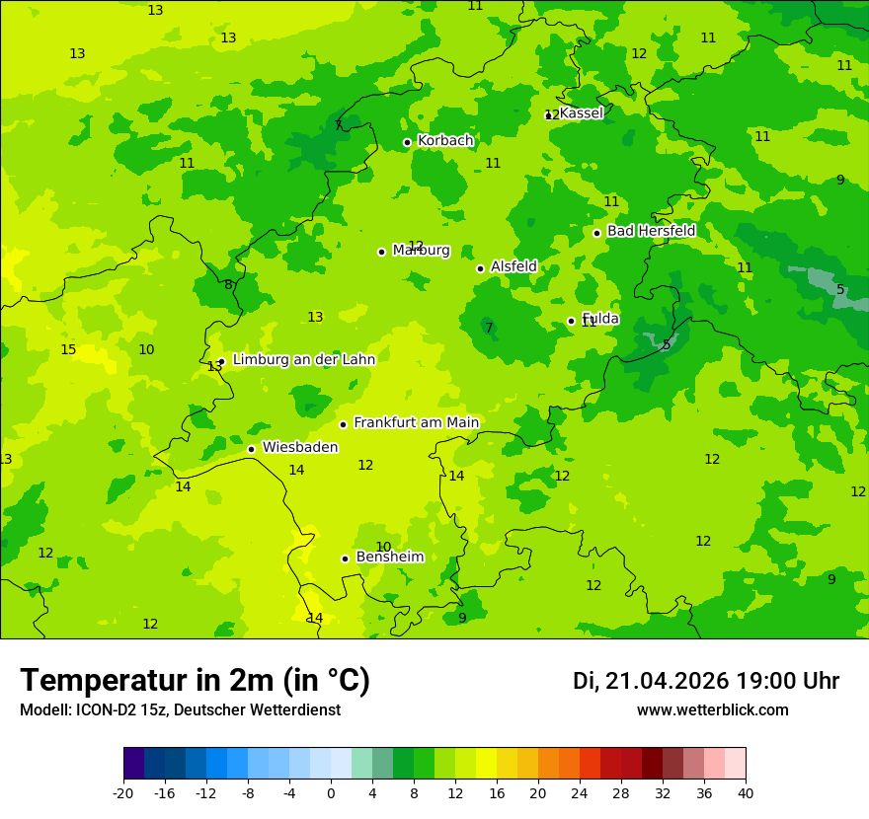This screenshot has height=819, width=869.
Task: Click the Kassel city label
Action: (581, 113)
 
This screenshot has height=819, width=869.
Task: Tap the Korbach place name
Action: (445, 141)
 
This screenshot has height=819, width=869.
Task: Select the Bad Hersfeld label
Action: (651, 231)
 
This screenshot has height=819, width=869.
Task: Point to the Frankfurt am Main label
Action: (416, 422)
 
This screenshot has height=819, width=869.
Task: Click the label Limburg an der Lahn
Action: (303, 360)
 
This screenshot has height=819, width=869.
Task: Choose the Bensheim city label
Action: (389, 557)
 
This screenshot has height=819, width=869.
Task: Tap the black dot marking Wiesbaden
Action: (251, 449)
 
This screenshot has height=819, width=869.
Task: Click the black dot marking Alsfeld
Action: (480, 268)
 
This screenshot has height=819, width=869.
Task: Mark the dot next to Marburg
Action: (381, 252)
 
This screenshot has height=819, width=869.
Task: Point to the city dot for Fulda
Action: (571, 321)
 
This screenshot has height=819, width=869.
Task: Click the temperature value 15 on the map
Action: (68, 350)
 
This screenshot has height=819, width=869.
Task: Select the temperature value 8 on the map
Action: (228, 285)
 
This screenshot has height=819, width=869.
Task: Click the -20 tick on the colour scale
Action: (123, 792)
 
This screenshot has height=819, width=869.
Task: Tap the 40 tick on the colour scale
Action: (746, 792)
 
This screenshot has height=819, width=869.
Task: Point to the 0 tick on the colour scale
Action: (331, 792)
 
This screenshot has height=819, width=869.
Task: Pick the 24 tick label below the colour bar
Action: (580, 792)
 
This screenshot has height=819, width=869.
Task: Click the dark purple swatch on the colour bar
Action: (133, 764)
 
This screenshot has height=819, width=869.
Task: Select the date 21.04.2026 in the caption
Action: (667, 681)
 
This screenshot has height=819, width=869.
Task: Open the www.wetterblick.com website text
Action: (712, 710)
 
